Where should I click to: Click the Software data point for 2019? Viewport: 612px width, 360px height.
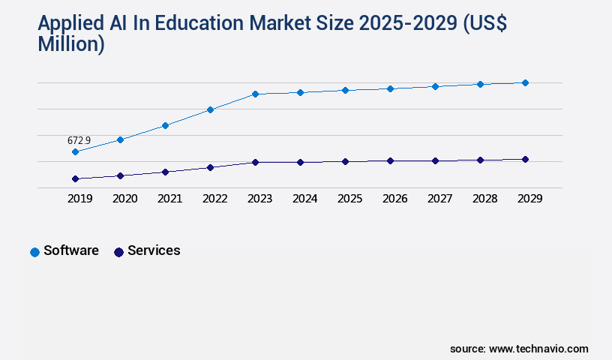(x=75, y=151)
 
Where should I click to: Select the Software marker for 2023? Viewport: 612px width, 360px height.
(x=255, y=94)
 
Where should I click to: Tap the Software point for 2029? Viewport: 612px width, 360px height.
(x=525, y=82)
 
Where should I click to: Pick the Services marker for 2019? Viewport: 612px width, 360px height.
(x=75, y=178)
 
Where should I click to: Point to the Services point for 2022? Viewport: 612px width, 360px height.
(x=210, y=167)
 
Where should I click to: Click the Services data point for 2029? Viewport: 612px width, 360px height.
(x=525, y=159)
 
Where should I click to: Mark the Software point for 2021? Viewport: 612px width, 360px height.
(x=165, y=125)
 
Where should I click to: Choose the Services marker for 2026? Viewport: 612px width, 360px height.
(x=390, y=160)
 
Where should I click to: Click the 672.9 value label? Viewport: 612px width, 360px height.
(x=79, y=140)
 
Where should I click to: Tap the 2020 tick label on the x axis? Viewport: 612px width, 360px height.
(x=124, y=199)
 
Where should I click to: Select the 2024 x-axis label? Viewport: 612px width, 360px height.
(x=304, y=199)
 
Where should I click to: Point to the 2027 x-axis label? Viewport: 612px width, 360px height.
(x=439, y=199)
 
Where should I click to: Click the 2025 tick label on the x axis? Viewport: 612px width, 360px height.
(x=349, y=199)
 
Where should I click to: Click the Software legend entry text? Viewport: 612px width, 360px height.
(x=71, y=250)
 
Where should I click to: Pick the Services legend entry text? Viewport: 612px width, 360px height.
(x=154, y=250)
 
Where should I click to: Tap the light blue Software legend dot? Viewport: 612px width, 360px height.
(x=34, y=252)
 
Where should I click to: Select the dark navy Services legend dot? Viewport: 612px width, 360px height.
(x=118, y=252)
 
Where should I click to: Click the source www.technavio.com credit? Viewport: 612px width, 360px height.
(x=519, y=349)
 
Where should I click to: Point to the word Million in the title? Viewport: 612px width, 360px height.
(x=70, y=43)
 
